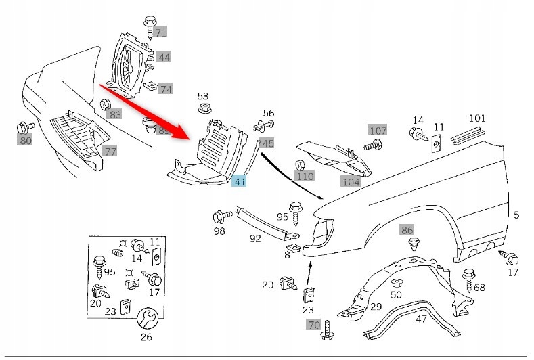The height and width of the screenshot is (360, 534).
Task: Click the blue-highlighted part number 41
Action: (x=240, y=181)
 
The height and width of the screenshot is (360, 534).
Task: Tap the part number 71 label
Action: (x=160, y=32)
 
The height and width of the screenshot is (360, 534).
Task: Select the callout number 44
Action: (x=164, y=57)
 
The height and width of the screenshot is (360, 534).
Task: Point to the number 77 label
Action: (x=110, y=151)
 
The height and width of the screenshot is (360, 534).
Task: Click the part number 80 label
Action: (x=25, y=141)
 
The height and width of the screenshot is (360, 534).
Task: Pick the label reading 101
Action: (x=477, y=118)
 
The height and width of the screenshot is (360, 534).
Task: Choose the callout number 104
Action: (x=351, y=181)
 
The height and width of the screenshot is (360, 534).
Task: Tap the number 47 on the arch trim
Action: (x=421, y=319)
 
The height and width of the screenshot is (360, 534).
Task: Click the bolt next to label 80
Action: (x=25, y=127)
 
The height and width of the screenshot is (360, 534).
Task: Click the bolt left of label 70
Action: (x=328, y=330)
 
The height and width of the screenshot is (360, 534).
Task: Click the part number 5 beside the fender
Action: (x=516, y=216)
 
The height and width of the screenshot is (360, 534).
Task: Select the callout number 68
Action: (x=479, y=288)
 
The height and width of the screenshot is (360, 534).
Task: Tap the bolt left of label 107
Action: (x=370, y=144)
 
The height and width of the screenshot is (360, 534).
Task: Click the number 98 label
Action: (x=220, y=232)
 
